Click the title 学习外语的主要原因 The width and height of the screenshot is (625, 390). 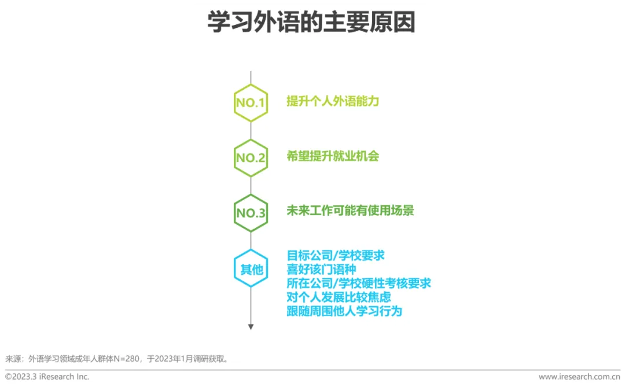point(311,23)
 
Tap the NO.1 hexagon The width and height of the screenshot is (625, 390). point(251,103)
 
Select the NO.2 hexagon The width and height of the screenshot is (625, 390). point(251,158)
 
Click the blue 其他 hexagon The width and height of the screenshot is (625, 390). point(251,269)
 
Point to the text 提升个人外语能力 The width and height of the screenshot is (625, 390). point(333,101)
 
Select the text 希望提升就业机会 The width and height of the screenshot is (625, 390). point(333,156)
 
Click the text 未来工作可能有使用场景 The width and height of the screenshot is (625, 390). point(350,211)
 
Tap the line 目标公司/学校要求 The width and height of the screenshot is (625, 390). point(336,255)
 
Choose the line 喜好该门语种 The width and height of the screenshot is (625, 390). point(321,269)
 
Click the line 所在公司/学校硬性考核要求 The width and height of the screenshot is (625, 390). point(359,283)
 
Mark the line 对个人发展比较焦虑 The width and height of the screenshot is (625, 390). point(339,297)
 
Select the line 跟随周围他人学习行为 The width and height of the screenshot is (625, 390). point(344,311)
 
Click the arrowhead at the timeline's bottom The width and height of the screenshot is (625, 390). point(251,327)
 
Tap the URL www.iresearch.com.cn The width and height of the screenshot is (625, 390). point(579,377)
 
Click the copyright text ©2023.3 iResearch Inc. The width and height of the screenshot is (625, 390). point(47,377)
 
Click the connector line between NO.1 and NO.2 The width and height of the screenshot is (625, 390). point(251,131)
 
